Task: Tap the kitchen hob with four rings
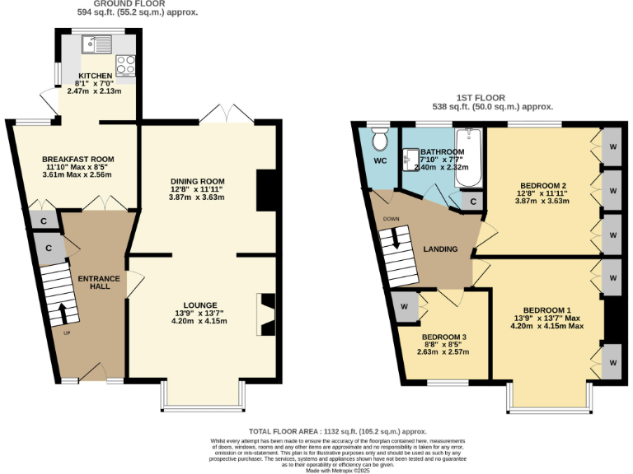click(127, 63)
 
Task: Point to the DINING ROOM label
click(197, 181)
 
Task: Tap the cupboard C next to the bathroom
click(473, 202)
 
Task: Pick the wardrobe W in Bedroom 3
click(405, 306)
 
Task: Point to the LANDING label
click(440, 249)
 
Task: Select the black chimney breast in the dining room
click(265, 191)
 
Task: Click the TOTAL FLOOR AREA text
click(337, 431)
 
